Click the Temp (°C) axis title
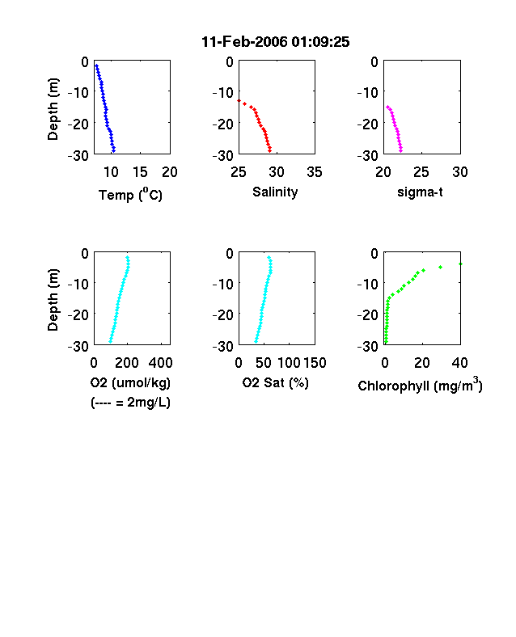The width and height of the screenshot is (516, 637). (130, 195)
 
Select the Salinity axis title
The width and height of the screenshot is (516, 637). (275, 192)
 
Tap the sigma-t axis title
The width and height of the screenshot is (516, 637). (420, 192)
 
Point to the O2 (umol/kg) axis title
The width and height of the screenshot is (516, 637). (130, 382)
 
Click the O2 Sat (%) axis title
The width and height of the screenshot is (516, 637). (276, 382)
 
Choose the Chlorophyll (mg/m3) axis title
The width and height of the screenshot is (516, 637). (420, 384)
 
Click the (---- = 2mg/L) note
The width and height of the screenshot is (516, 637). (130, 403)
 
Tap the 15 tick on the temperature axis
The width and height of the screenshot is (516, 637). (140, 172)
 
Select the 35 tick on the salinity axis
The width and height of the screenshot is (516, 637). (315, 172)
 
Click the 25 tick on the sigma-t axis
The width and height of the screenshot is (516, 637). (421, 172)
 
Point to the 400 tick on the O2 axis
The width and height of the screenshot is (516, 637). (160, 363)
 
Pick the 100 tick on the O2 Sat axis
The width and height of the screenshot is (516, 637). (289, 363)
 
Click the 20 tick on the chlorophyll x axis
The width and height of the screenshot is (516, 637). (422, 363)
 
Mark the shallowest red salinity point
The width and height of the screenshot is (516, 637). (239, 100)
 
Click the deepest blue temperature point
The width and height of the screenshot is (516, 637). (113, 150)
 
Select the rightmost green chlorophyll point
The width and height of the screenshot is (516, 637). (460, 264)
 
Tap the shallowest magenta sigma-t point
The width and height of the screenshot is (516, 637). (387, 107)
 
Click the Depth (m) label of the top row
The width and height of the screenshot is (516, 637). (53, 109)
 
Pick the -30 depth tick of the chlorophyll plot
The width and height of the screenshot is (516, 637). (367, 346)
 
